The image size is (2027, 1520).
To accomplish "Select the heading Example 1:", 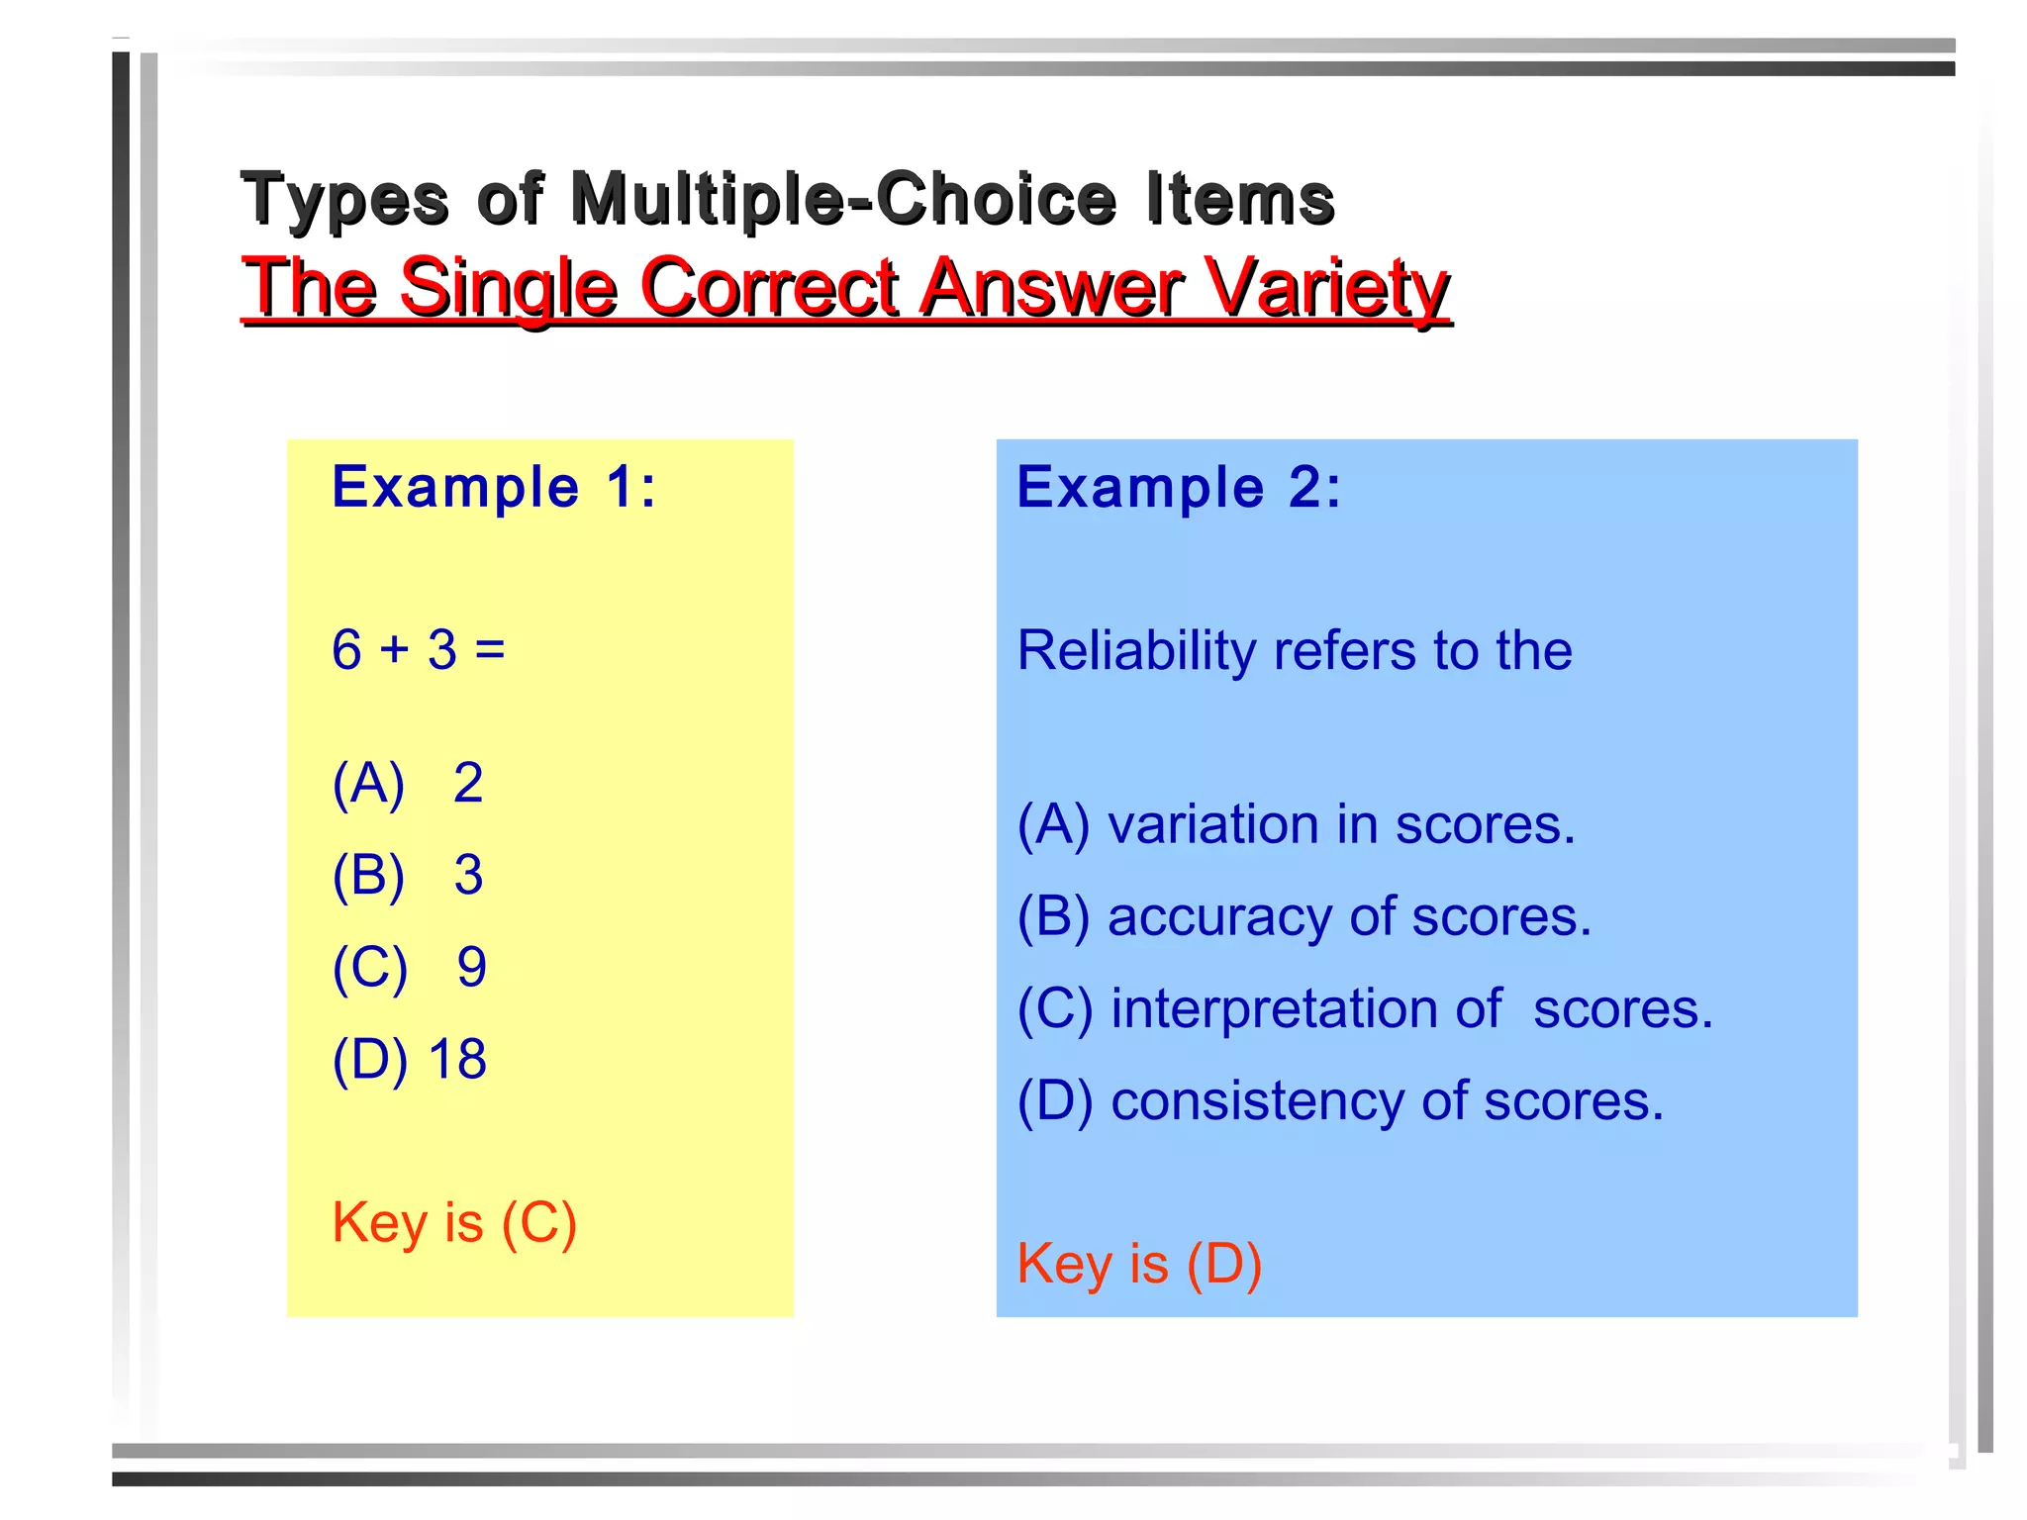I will coord(494,487).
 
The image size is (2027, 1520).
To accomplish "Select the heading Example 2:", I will coord(1179,487).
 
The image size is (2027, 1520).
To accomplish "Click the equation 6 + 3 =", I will coord(419,650).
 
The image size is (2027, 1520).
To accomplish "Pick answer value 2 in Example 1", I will coord(468,783).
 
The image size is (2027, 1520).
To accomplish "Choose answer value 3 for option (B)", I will coord(468,875).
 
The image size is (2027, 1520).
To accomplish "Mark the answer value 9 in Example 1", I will coord(471,967).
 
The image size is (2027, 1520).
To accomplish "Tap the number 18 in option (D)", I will coord(457,1059).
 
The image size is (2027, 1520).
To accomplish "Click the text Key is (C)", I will coord(454,1222).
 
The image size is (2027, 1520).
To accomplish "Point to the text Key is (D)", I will coord(1139,1264).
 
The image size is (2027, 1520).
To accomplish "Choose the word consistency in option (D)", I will coord(1256,1101).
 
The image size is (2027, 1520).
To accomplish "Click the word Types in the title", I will coord(345,199).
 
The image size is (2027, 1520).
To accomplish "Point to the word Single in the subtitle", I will coord(509,287).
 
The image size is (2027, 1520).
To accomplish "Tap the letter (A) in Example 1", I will coord(368,783).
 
